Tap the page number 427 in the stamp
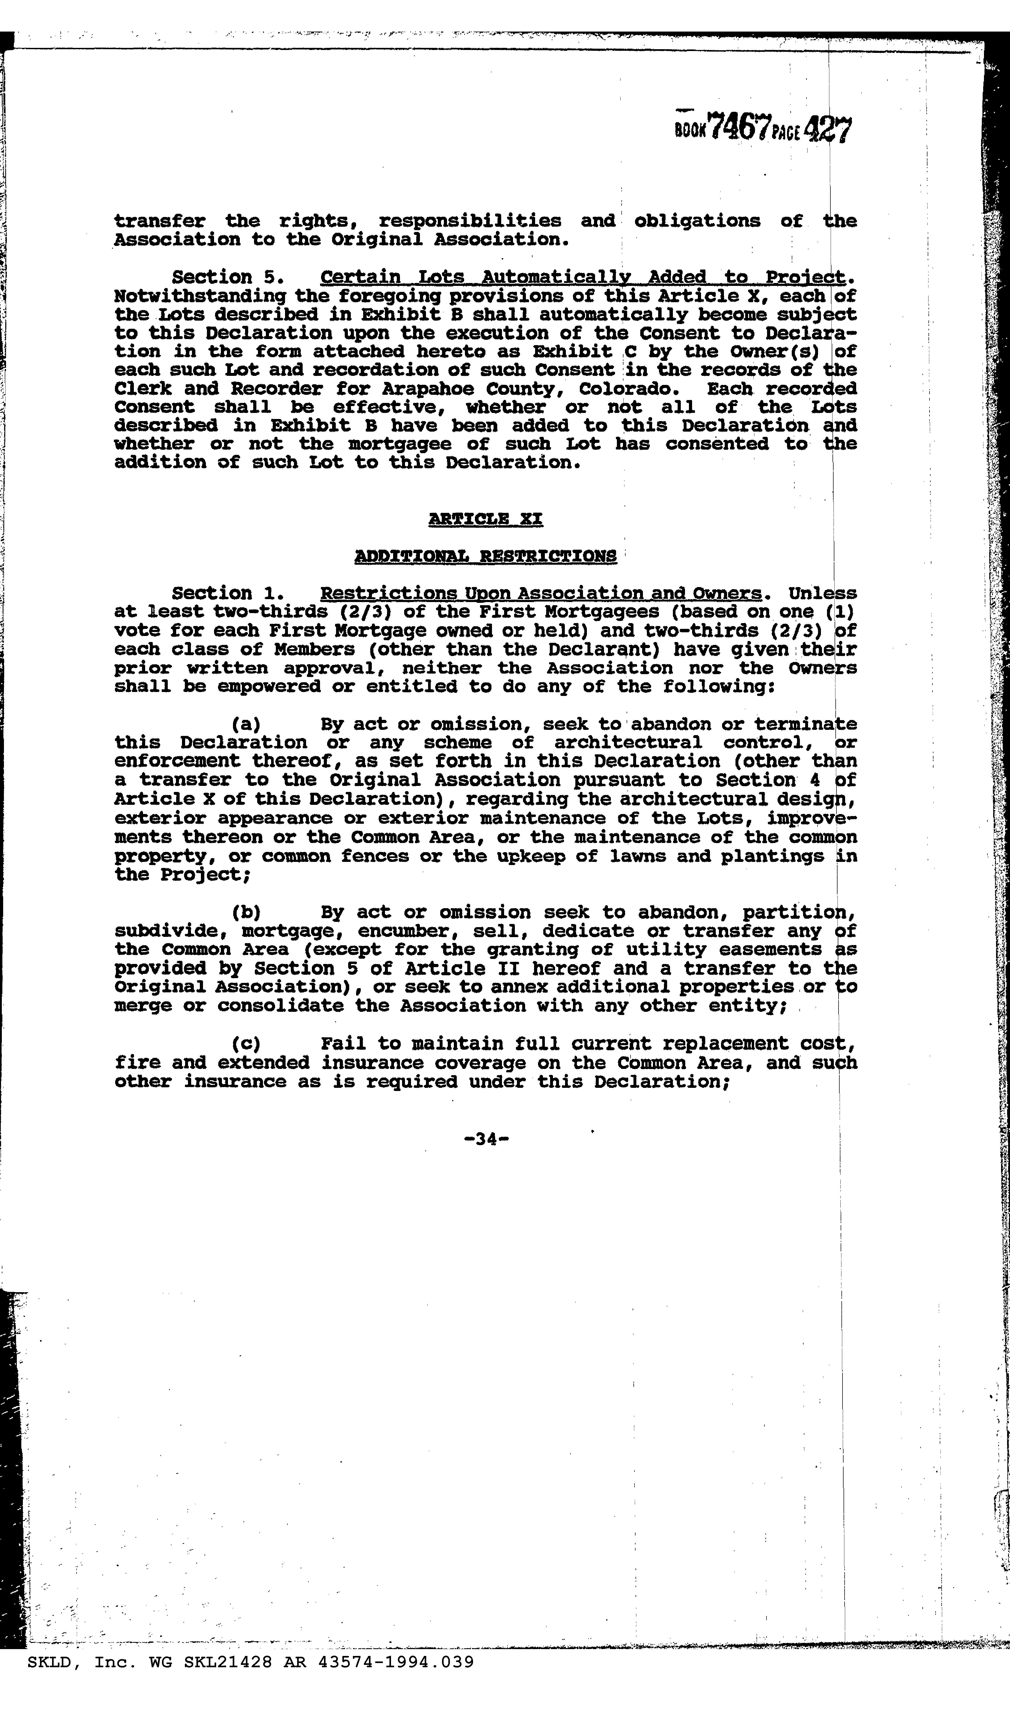coord(828,129)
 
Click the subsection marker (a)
coord(246,724)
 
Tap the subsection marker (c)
coord(246,1044)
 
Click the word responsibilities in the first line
coord(470,221)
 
